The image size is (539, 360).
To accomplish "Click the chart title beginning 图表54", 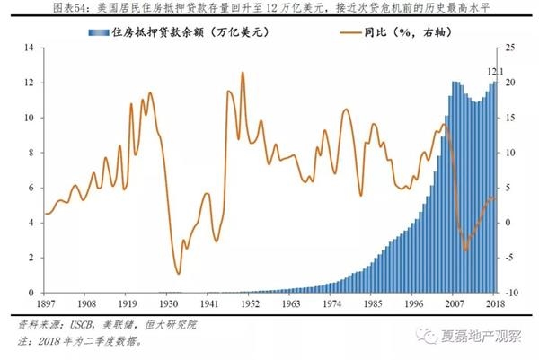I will pos(269,10).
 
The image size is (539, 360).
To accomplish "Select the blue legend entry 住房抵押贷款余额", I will pos(165,33).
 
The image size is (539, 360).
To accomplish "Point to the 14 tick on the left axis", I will pos(29,47).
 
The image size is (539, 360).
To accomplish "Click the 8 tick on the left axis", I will pos(31,153).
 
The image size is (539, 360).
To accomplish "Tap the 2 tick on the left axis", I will pos(31,258).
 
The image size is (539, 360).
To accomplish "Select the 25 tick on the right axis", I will pos(509,47).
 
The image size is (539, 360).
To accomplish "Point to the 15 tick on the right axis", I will pos(509,117).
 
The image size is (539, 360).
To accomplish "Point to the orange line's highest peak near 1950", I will pos(243,73).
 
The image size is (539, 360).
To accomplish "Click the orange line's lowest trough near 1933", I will pos(178,274).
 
